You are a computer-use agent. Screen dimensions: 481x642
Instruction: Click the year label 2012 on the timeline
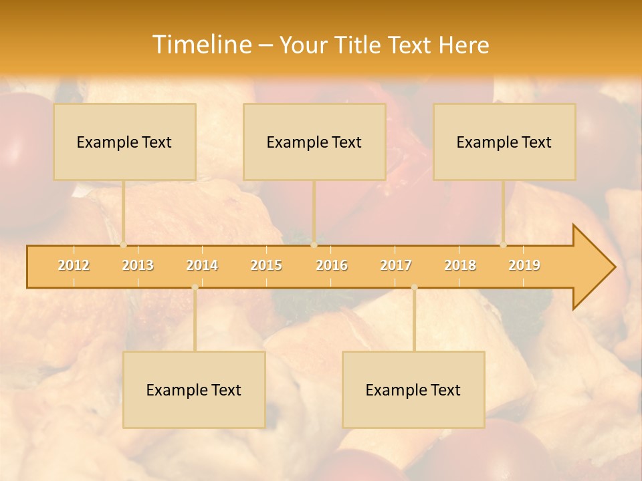pos(74,265)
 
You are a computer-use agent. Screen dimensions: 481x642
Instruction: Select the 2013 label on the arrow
pos(138,265)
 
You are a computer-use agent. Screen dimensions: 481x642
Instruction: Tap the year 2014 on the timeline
pos(202,265)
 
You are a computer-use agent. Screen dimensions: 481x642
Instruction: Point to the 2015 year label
pos(266,265)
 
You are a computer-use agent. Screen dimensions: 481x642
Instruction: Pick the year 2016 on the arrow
pos(332,265)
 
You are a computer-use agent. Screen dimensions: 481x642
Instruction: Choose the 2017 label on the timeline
pos(396,265)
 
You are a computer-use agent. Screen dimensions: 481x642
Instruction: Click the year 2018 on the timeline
pos(460,265)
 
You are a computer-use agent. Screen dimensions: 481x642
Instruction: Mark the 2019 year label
pos(524,265)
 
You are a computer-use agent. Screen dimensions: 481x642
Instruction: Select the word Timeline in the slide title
pos(201,45)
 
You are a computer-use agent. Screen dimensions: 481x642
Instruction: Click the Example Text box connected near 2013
pos(124,142)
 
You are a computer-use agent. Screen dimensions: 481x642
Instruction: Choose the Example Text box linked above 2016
pos(314,142)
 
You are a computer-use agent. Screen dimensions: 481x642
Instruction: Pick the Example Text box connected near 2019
pos(504,142)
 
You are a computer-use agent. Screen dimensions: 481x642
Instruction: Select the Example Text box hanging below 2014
pos(194,389)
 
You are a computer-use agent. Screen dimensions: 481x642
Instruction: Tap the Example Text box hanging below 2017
pos(413,389)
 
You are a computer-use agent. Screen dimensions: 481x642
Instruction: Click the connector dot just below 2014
pos(195,287)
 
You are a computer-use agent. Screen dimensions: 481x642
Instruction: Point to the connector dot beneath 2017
pos(414,287)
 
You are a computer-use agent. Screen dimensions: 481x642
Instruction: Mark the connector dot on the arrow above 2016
pos(314,245)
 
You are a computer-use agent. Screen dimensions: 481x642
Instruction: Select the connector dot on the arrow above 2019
pos(503,245)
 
